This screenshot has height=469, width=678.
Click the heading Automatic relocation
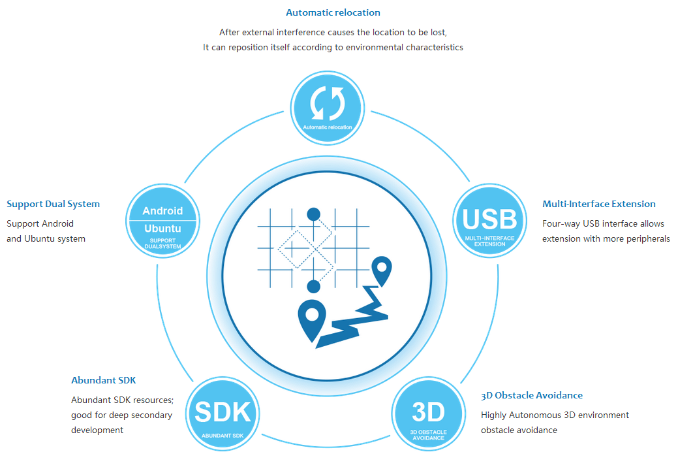pyautogui.click(x=333, y=12)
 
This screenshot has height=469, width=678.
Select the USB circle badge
pyautogui.click(x=490, y=221)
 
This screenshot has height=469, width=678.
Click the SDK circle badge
pyautogui.click(x=223, y=413)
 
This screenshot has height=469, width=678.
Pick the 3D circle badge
pyautogui.click(x=429, y=413)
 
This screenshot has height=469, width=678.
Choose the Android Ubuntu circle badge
pyautogui.click(x=163, y=221)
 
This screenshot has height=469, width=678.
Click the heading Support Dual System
pyautogui.click(x=54, y=204)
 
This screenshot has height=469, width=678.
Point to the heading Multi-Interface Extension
pyautogui.click(x=599, y=204)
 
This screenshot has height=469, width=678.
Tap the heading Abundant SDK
pyautogui.click(x=103, y=380)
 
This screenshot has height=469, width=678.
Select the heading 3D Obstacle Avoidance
pyautogui.click(x=532, y=395)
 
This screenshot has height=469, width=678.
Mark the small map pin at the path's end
pyautogui.click(x=381, y=271)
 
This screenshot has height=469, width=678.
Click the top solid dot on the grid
pyautogui.click(x=313, y=214)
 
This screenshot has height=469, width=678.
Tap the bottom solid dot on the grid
pyautogui.click(x=313, y=286)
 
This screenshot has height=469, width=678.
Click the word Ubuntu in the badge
pyautogui.click(x=162, y=229)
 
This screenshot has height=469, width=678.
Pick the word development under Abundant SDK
pyautogui.click(x=97, y=430)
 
